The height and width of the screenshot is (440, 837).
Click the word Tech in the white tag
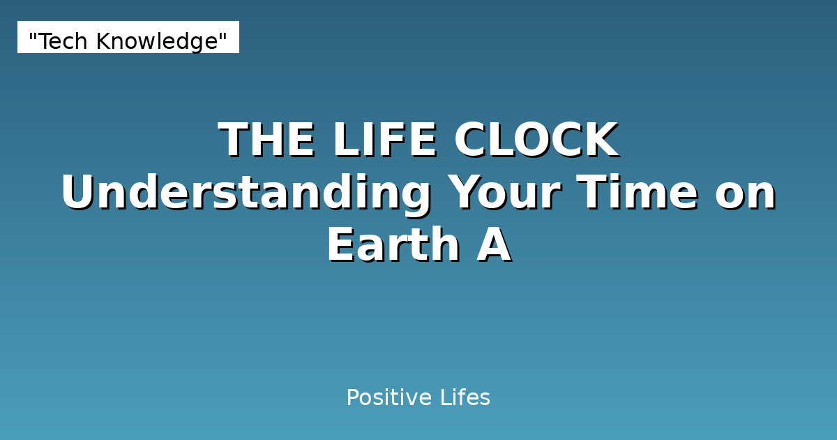64,41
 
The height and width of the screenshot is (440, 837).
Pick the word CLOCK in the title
536,140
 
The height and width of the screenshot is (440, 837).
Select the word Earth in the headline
393,246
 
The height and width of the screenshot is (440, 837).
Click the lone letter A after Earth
494,246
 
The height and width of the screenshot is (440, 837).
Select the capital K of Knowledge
102,42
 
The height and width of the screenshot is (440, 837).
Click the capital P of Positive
352,398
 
